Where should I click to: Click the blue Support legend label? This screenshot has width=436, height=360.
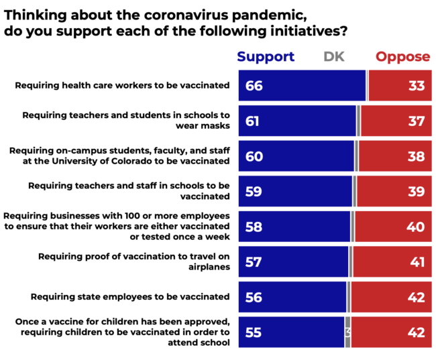pyautogui.click(x=266, y=57)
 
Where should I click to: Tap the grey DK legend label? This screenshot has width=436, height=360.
pyautogui.click(x=333, y=57)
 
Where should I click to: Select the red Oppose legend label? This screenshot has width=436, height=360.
pyautogui.click(x=402, y=57)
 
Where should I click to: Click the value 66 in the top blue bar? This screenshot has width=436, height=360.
pyautogui.click(x=254, y=86)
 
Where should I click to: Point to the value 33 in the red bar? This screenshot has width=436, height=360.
pyautogui.click(x=416, y=86)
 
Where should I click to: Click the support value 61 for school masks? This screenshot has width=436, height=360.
pyautogui.click(x=253, y=121)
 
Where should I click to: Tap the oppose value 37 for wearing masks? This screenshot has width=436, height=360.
pyautogui.click(x=416, y=121)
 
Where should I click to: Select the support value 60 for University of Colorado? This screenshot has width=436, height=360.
pyautogui.click(x=254, y=156)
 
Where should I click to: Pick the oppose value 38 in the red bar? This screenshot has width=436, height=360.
pyautogui.click(x=416, y=156)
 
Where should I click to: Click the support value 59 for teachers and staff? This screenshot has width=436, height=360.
pyautogui.click(x=254, y=192)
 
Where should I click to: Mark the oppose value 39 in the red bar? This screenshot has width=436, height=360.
pyautogui.click(x=416, y=192)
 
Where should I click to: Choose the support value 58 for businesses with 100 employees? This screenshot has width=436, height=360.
pyautogui.click(x=254, y=227)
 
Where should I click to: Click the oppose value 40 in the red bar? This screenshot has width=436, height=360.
pyautogui.click(x=415, y=227)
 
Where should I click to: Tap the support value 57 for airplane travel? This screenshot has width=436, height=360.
pyautogui.click(x=254, y=262)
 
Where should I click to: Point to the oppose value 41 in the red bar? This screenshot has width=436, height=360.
pyautogui.click(x=417, y=262)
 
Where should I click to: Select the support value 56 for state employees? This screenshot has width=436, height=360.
pyautogui.click(x=254, y=297)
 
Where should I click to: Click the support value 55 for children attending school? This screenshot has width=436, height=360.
pyautogui.click(x=254, y=333)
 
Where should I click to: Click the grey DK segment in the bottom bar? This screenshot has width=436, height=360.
pyautogui.click(x=347, y=333)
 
